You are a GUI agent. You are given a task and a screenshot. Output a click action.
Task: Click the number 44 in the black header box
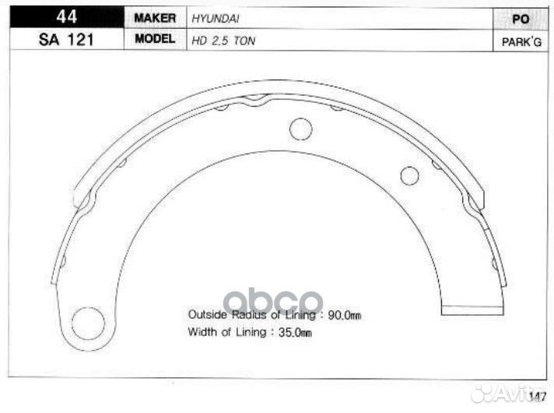(x=66, y=16)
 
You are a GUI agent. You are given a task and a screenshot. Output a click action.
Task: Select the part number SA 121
(x=66, y=40)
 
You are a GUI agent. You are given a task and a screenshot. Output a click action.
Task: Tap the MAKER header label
(x=155, y=18)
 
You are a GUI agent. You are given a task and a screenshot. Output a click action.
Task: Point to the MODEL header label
(x=155, y=39)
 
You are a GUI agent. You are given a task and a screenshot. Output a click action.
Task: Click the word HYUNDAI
(x=216, y=19)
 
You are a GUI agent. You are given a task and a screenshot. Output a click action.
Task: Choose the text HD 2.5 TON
(x=223, y=41)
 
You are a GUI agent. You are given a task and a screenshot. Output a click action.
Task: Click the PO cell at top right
(x=521, y=19)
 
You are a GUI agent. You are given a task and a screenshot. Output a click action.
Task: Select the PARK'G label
(x=521, y=42)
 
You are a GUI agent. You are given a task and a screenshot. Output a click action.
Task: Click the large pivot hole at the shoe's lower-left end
(x=88, y=323)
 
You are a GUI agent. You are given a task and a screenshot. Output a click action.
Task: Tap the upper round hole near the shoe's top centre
(x=300, y=129)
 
